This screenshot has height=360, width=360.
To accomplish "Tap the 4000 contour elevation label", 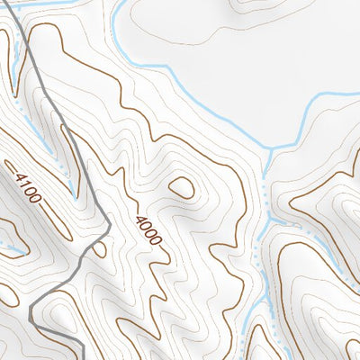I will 148,230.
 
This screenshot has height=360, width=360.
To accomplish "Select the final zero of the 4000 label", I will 157,241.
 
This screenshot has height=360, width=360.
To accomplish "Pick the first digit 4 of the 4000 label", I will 139,219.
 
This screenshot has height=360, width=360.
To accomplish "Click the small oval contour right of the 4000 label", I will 182,188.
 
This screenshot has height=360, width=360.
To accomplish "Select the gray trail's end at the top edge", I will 16,2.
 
